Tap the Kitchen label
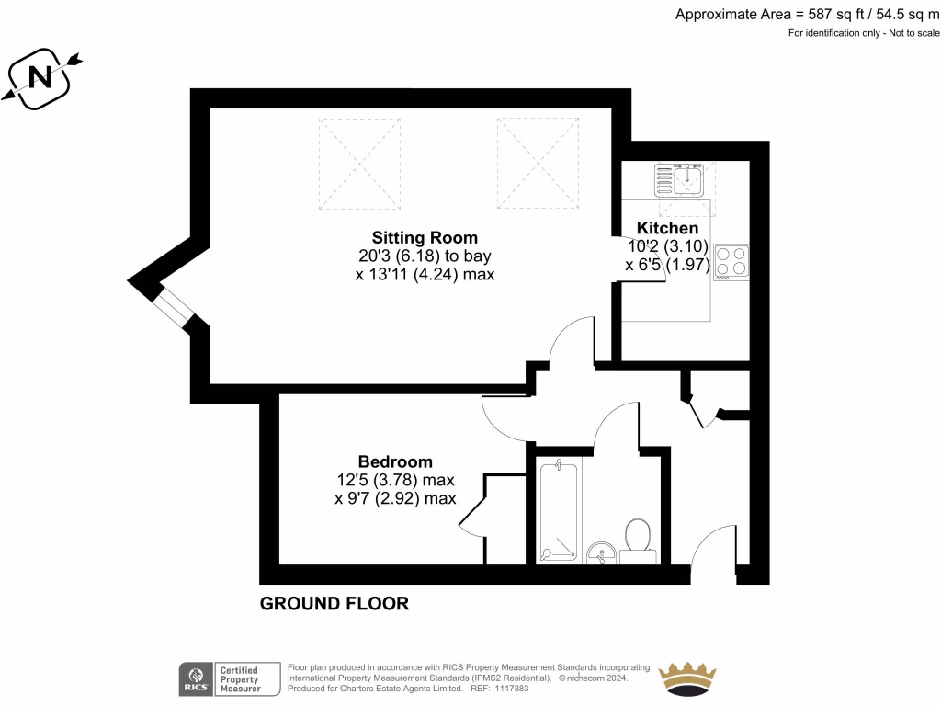pos(667,228)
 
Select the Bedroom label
pos(395,461)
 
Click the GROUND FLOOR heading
pos(334,604)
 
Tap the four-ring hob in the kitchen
pos(731,262)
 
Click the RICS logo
pos(194,678)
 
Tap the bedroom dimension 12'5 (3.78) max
pos(395,480)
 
